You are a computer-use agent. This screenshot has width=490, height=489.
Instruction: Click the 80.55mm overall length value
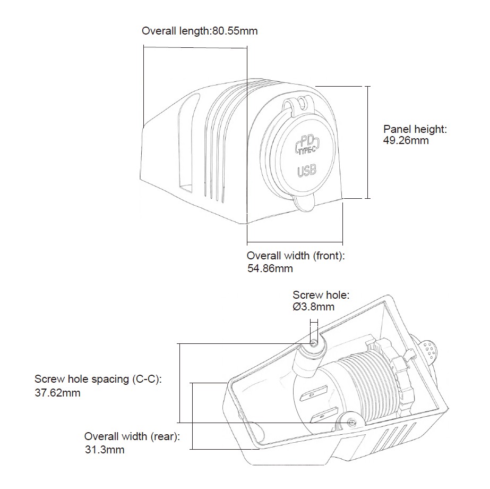click(x=235, y=31)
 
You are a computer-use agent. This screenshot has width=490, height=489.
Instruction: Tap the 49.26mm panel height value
click(x=406, y=141)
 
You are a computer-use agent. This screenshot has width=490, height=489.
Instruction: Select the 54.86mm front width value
click(x=270, y=269)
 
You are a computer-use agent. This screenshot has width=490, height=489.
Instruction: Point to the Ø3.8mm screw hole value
click(x=314, y=307)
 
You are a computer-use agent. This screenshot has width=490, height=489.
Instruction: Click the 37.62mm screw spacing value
click(x=57, y=393)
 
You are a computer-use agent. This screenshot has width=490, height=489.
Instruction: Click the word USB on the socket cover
click(x=307, y=171)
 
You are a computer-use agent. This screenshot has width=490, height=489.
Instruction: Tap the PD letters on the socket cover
click(x=307, y=141)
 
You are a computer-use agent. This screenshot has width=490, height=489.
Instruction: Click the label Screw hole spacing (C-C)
click(x=97, y=380)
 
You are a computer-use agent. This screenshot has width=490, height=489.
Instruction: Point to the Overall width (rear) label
click(x=132, y=437)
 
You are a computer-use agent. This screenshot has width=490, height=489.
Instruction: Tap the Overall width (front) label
click(x=296, y=256)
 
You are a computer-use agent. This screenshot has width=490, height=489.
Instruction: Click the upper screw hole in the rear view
click(x=314, y=343)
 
